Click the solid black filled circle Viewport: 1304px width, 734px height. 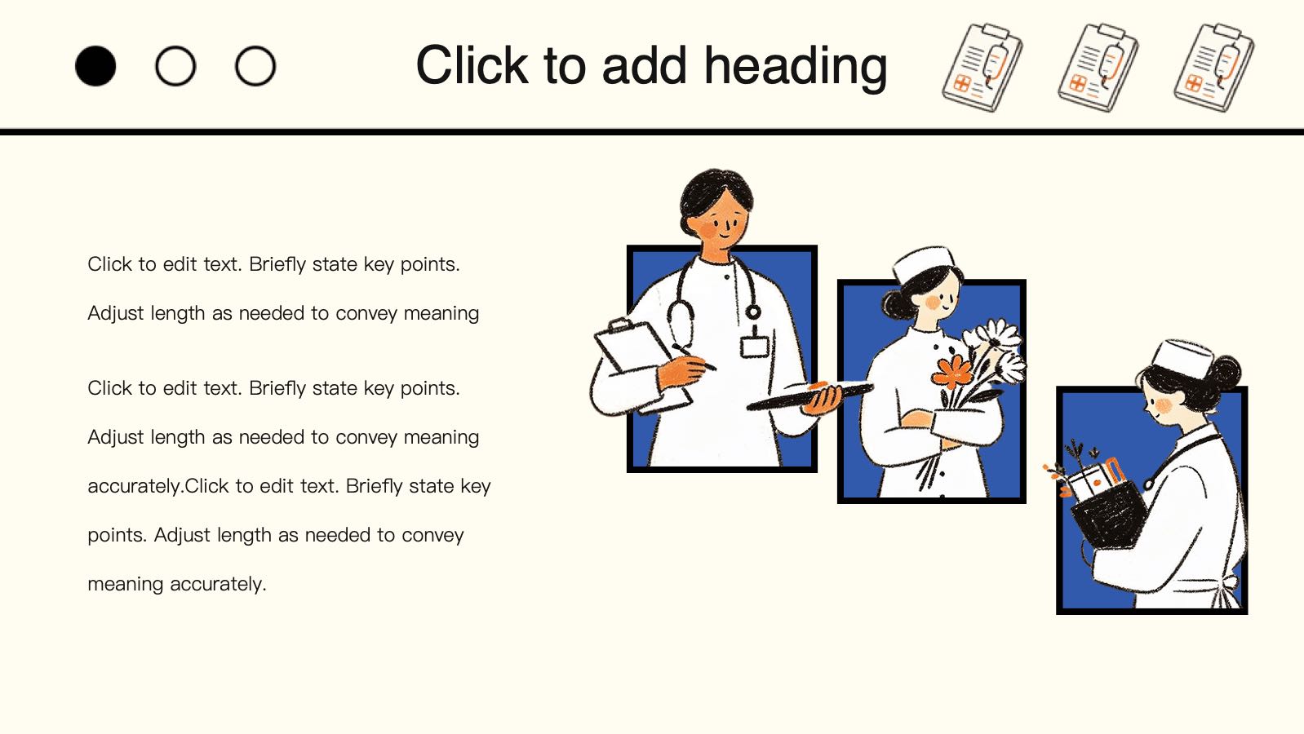[95, 66]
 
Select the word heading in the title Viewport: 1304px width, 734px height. [796, 68]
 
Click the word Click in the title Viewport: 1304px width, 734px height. [472, 65]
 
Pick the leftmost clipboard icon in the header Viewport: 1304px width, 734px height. [982, 68]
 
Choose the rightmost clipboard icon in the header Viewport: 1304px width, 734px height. [1213, 68]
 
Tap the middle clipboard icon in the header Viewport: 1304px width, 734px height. [1098, 68]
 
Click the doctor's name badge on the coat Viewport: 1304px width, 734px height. [755, 347]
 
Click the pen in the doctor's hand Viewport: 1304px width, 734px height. [694, 357]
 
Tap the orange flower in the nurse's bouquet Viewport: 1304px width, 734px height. [952, 372]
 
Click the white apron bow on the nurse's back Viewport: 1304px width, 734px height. [1227, 590]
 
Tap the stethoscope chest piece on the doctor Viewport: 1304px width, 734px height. [753, 312]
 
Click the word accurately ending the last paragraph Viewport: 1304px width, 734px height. [218, 584]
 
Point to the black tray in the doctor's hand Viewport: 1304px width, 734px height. [809, 396]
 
